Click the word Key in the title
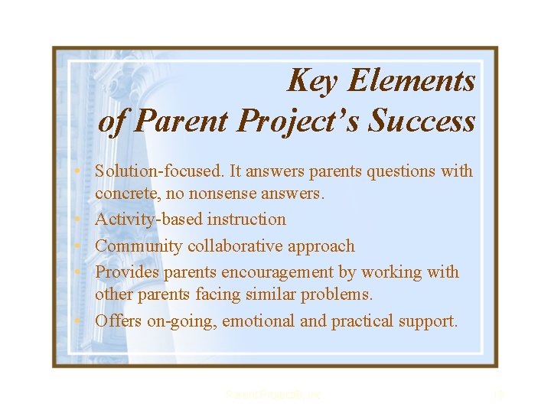coord(310,80)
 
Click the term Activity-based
coord(146,220)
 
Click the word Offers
coord(118,321)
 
